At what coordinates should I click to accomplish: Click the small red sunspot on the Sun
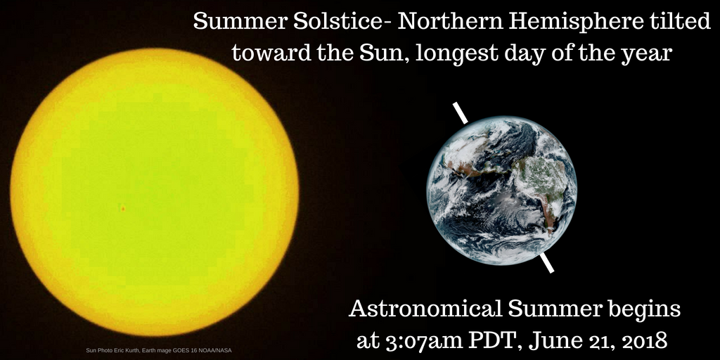tap(122, 208)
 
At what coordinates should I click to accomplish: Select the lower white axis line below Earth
tap(546, 263)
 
